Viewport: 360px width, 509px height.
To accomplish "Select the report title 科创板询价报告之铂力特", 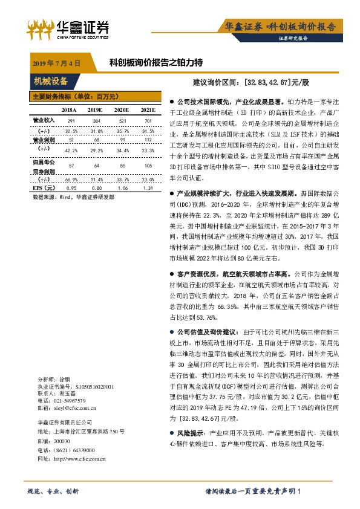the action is coord(155,62).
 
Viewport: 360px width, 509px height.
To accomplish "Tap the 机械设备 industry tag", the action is coord(51,82).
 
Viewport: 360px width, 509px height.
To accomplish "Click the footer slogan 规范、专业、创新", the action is coord(53,491).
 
